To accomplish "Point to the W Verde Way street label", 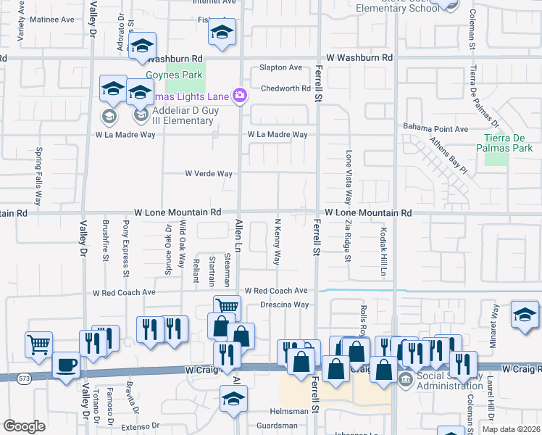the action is coord(209,174).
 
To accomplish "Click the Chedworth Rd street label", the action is coord(285,88).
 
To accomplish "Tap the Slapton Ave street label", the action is coord(281,67).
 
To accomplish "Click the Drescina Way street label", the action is coord(285,305).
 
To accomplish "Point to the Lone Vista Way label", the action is coord(349,177).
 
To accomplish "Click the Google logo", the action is coord(24,426).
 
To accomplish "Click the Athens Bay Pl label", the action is coord(447,155).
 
